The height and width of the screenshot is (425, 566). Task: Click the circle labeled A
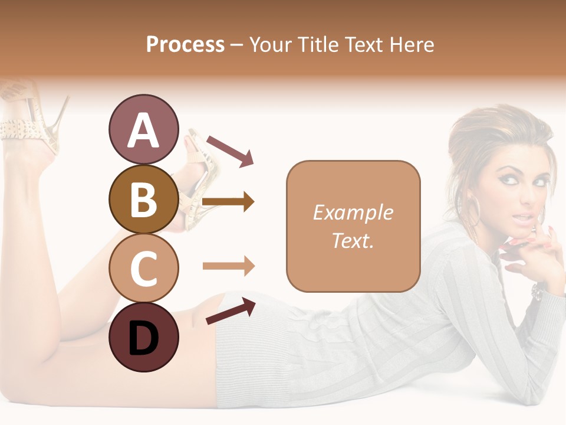tap(143, 129)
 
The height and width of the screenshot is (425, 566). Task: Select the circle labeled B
tap(143, 199)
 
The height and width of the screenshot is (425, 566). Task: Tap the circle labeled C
tap(143, 269)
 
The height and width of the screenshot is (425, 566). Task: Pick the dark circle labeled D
tap(143, 338)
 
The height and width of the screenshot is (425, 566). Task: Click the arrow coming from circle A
tap(230, 150)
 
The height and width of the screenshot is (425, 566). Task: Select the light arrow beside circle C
tap(228, 266)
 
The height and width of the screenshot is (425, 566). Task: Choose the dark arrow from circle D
tap(231, 311)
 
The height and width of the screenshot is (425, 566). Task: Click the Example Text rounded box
tap(353, 226)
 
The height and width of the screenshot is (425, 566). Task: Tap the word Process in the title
tap(185, 44)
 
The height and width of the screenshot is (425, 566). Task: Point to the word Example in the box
tap(353, 212)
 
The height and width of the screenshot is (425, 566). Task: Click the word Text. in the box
tap(353, 241)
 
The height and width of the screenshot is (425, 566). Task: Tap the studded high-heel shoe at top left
tap(27, 118)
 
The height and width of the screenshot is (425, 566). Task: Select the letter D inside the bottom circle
tap(143, 339)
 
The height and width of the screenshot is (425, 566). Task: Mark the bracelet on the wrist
tap(538, 291)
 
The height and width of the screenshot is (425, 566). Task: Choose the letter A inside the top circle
tap(143, 130)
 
